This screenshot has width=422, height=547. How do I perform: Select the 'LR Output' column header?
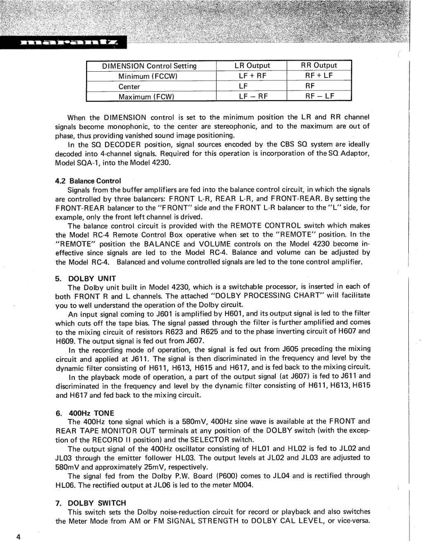click(252, 65)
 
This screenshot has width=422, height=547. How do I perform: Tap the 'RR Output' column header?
click(319, 65)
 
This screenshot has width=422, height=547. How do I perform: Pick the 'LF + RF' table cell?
click(252, 76)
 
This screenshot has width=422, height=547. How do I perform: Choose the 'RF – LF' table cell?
click(319, 96)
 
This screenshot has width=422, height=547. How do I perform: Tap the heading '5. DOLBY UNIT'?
click(86, 278)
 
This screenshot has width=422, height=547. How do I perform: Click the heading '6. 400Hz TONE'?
click(84, 413)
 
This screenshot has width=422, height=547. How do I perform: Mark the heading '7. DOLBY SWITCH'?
click(91, 503)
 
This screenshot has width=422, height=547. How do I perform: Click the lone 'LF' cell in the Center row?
click(243, 86)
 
